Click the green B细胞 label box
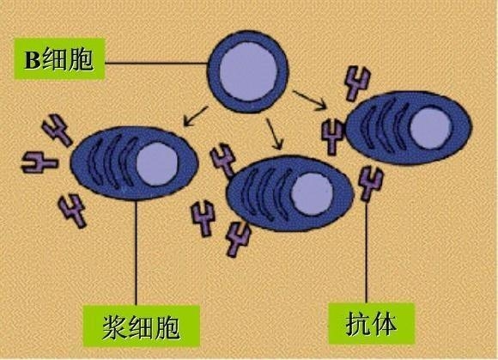(59, 58)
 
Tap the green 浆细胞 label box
(142, 326)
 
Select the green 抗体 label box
(371, 323)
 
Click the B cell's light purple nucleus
(249, 71)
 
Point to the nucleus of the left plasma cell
(157, 163)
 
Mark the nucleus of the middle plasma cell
(312, 194)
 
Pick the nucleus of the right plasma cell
(431, 128)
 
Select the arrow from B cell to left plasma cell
(196, 116)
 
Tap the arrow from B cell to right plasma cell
(310, 100)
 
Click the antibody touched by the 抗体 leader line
(370, 184)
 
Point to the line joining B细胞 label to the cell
(156, 64)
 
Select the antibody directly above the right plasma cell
(357, 83)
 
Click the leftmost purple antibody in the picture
(39, 162)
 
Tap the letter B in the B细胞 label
(33, 60)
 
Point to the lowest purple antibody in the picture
(238, 239)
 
